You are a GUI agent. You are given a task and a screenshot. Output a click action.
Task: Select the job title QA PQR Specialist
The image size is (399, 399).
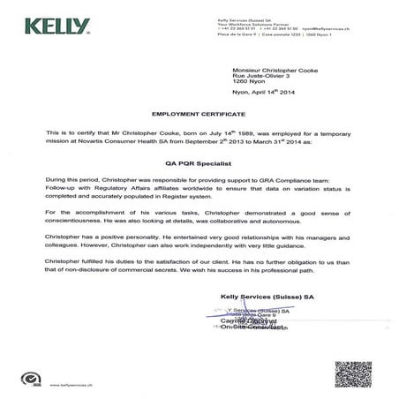coord(199,162)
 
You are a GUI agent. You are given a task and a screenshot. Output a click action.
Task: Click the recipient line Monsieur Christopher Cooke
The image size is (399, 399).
coord(275,69)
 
